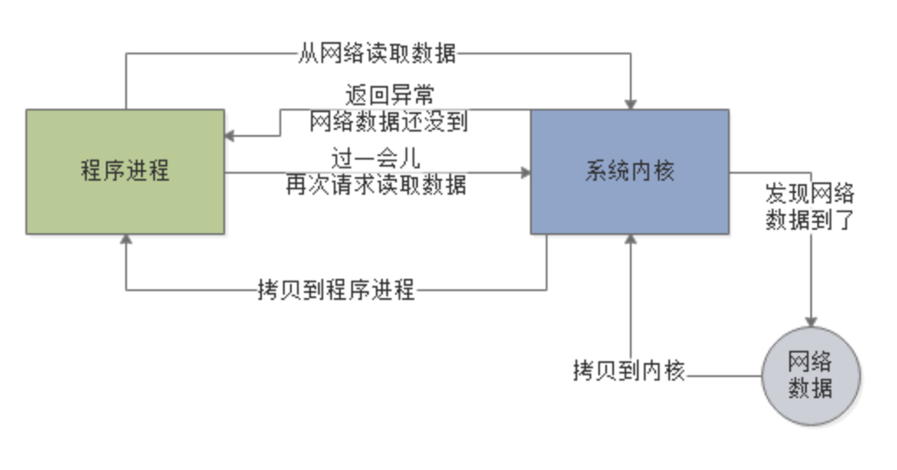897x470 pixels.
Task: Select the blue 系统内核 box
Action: click(629, 206)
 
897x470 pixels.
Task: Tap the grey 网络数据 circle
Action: click(810, 375)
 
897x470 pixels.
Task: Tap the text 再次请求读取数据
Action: click(377, 185)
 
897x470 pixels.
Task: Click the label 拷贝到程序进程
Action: click(335, 289)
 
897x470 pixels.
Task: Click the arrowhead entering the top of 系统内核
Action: click(630, 103)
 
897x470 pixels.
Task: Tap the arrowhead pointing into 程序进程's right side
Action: click(230, 136)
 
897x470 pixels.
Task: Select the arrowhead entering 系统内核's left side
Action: click(525, 173)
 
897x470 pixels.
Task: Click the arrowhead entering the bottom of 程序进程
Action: click(126, 240)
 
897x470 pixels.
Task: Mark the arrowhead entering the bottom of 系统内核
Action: click(630, 240)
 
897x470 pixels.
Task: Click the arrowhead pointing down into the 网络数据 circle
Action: click(811, 322)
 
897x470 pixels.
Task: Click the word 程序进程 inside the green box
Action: click(124, 170)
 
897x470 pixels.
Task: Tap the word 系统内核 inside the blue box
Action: click(629, 170)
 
